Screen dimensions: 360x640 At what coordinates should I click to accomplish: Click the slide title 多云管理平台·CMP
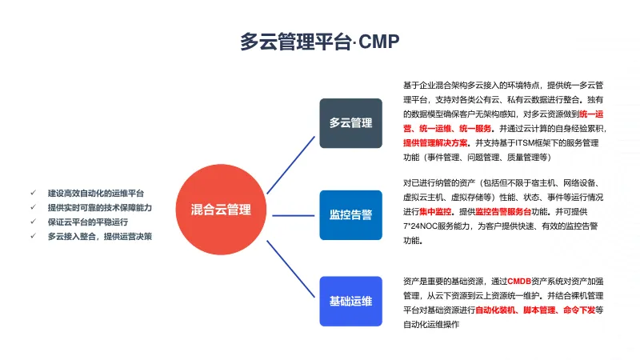(x=319, y=42)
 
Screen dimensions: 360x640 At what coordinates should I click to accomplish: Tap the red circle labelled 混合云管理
(x=221, y=210)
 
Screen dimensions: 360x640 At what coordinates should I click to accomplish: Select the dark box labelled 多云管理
(x=350, y=123)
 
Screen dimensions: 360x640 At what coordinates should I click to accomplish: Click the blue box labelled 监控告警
(x=350, y=214)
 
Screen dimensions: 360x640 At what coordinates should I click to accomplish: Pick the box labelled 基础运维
(x=350, y=302)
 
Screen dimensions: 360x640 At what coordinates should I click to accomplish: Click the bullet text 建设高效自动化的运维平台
(x=96, y=193)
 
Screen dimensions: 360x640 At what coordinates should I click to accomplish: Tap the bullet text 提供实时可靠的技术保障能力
(x=99, y=207)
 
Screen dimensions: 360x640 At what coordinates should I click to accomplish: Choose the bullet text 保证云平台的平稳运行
(x=88, y=222)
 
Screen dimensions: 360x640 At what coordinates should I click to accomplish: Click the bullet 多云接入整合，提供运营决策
(x=99, y=236)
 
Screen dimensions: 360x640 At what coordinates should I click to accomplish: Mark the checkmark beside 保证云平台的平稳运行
(x=33, y=222)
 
